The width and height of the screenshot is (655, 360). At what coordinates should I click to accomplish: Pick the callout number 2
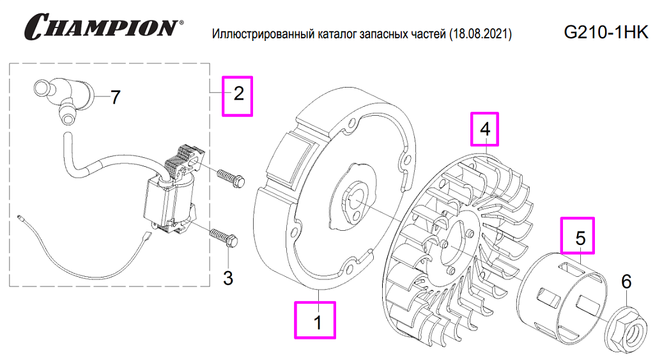[x=238, y=95]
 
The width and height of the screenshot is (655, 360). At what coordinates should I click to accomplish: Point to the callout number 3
[x=227, y=278]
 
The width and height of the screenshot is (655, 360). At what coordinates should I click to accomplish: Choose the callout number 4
[x=485, y=129]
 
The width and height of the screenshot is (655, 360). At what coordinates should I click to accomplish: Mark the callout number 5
[x=580, y=237]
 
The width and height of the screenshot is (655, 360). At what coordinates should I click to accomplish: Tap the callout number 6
[x=626, y=282]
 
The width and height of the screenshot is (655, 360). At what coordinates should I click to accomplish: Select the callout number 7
[x=114, y=97]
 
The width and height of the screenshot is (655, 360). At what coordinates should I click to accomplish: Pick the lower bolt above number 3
[x=224, y=237]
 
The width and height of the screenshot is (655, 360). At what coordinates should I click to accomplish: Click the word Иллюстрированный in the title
[x=261, y=33]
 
